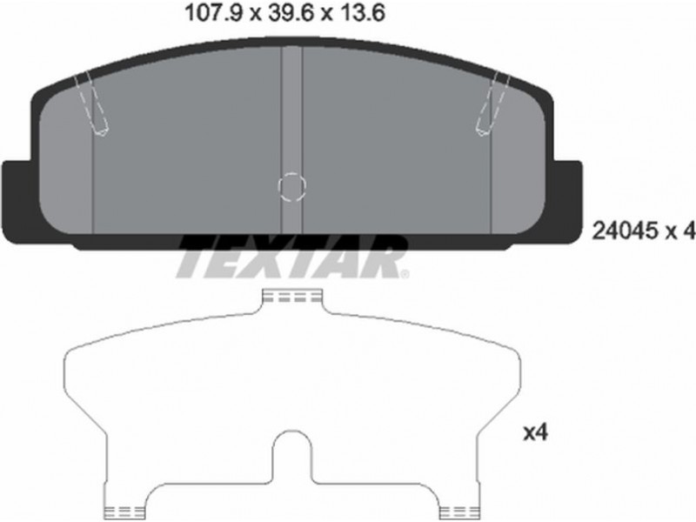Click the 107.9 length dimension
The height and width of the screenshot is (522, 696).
click(x=214, y=13)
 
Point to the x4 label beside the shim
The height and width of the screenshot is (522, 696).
click(x=536, y=432)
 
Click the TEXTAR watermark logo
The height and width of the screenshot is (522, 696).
click(x=293, y=258)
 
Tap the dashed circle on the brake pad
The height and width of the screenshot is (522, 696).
click(x=291, y=186)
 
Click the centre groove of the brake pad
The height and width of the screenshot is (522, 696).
click(x=291, y=140)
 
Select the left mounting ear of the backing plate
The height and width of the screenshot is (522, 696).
click(x=17, y=200)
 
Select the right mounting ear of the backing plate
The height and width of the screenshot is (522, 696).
click(x=567, y=200)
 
